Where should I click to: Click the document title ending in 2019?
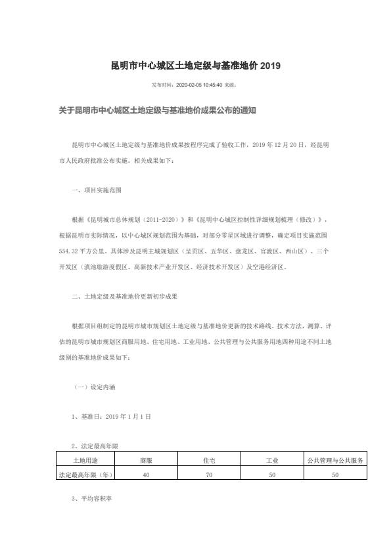tap(195, 66)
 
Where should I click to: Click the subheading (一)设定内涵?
tap(95, 387)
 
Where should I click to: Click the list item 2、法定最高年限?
tap(95, 446)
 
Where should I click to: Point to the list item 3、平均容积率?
tap(92, 499)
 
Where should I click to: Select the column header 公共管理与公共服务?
tap(335, 461)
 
